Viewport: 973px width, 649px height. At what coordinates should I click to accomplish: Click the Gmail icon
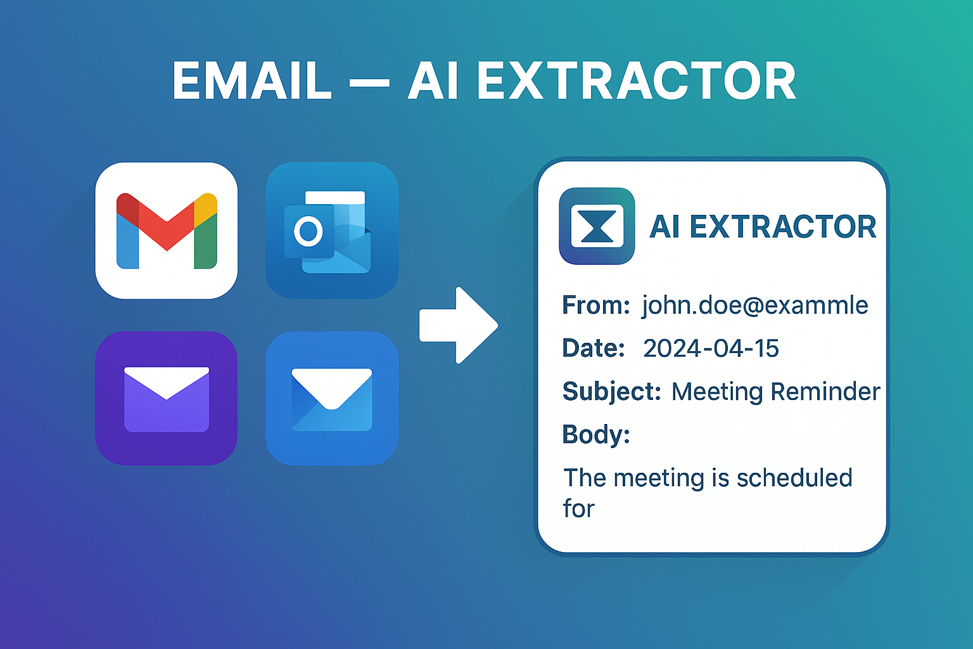click(x=167, y=231)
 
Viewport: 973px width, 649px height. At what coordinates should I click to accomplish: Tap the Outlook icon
click(x=332, y=231)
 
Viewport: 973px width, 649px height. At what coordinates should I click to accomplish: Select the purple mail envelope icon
click(x=167, y=399)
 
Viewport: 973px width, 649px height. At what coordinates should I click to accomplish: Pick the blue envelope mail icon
click(x=332, y=399)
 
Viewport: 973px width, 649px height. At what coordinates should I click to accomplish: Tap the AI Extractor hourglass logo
click(x=597, y=226)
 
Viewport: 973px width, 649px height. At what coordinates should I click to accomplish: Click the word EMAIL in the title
click(x=252, y=81)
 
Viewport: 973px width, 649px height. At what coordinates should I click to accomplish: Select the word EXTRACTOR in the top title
click(x=636, y=81)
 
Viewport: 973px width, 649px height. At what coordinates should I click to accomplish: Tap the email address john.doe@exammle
click(x=755, y=305)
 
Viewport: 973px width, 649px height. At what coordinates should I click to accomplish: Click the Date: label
click(x=594, y=349)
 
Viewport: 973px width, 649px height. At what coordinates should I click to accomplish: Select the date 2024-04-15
click(x=711, y=349)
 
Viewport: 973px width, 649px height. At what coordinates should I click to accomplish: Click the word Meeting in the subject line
click(x=717, y=392)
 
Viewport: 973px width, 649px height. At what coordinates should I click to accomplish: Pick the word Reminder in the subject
click(x=825, y=392)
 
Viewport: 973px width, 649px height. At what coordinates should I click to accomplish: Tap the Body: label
click(x=596, y=435)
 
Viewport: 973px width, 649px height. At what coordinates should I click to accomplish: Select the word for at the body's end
click(x=579, y=509)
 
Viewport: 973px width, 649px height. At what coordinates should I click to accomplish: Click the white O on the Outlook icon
click(x=308, y=231)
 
